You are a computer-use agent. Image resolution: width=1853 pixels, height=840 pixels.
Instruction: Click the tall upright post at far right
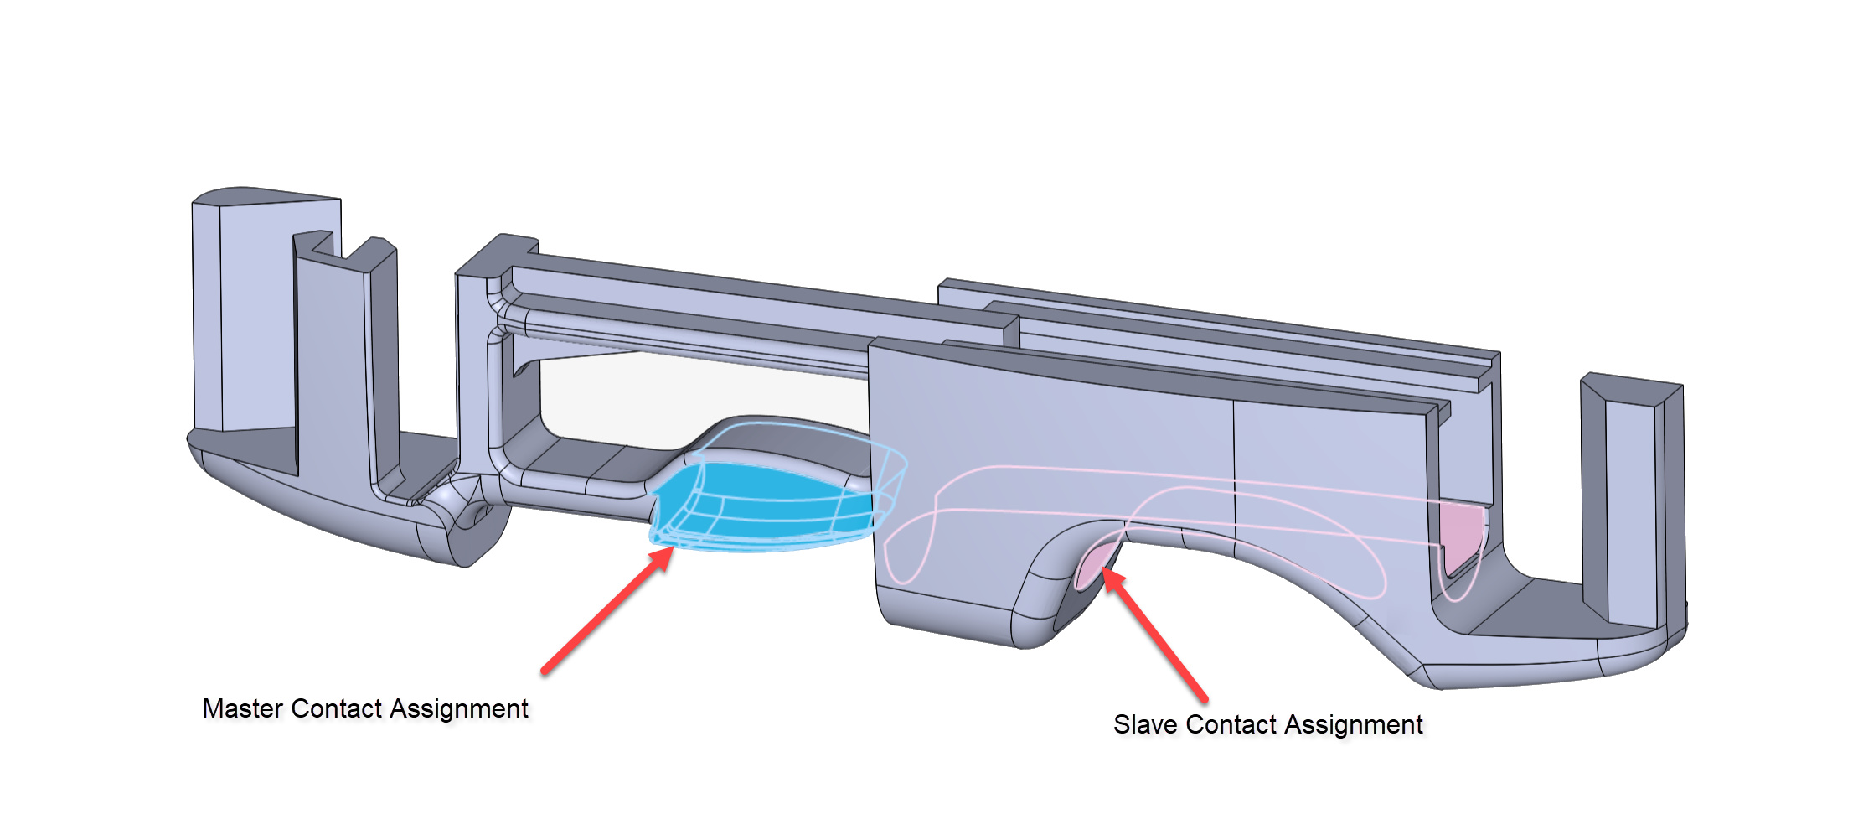point(1629,503)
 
